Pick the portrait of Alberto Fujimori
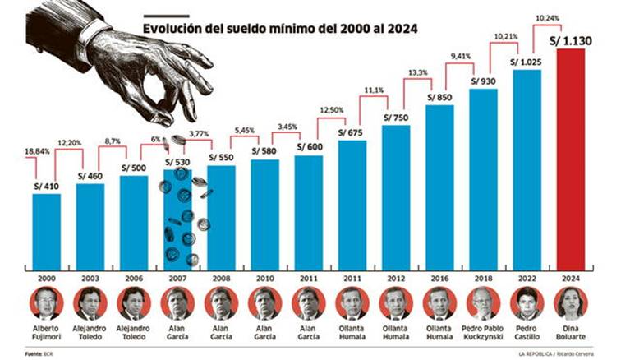(x=46, y=304)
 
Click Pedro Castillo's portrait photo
(x=527, y=304)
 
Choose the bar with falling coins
(x=177, y=218)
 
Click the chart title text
(x=279, y=28)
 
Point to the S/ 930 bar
(x=484, y=177)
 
